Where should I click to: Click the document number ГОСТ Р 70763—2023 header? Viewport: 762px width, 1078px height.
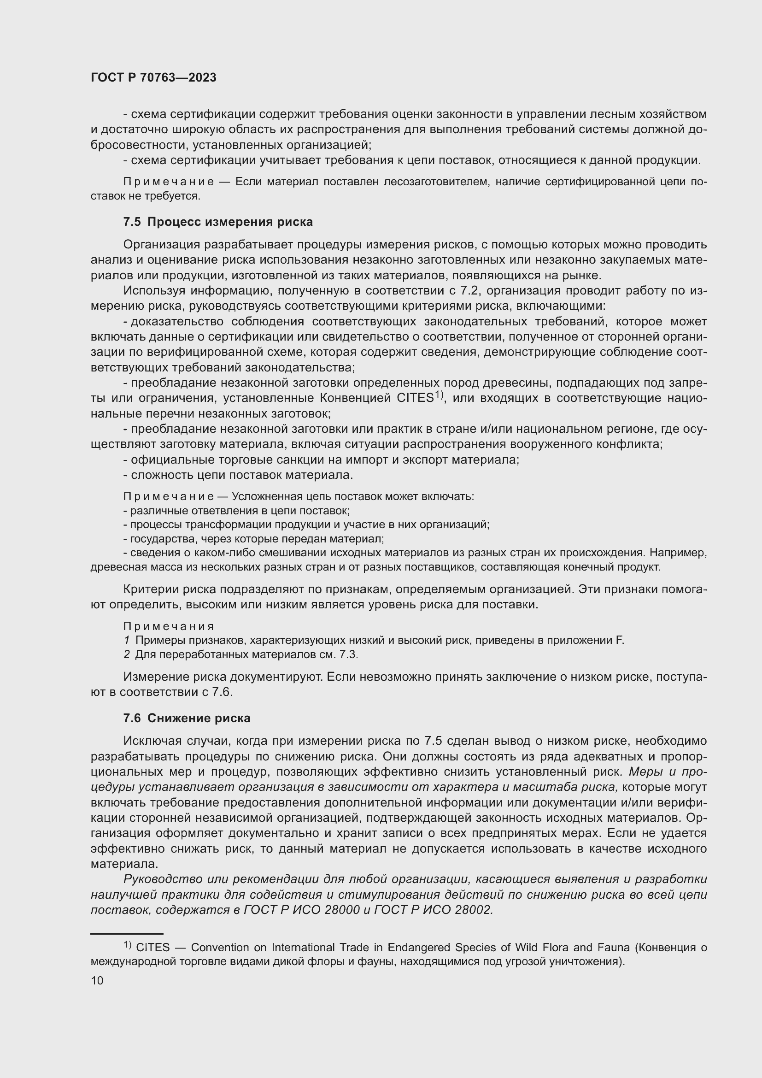[153, 77]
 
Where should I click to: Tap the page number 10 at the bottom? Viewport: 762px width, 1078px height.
[97, 980]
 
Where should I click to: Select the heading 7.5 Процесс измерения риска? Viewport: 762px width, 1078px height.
[218, 222]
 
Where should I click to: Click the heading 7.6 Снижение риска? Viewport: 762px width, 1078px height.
[187, 718]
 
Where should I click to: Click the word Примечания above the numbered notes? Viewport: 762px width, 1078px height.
[169, 626]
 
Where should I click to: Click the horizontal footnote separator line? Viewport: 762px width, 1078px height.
[127, 934]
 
